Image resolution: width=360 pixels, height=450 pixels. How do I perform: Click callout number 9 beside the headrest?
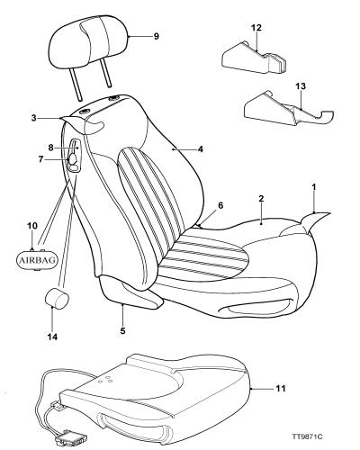click(x=156, y=36)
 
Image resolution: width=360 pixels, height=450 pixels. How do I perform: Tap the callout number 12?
click(x=256, y=28)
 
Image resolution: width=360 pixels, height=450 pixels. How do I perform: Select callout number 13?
click(x=301, y=86)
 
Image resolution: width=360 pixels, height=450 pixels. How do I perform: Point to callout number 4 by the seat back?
click(x=200, y=148)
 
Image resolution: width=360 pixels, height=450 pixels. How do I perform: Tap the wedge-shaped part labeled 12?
click(x=254, y=58)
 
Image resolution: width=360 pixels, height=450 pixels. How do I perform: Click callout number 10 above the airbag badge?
click(x=32, y=226)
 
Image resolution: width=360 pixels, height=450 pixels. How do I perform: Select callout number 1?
click(x=314, y=187)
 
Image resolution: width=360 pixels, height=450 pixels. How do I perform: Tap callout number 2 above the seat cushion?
click(x=261, y=198)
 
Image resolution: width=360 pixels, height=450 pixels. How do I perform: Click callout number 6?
click(x=220, y=205)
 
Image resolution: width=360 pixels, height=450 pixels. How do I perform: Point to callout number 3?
click(x=34, y=118)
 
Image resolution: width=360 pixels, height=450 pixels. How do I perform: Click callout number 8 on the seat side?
click(x=50, y=148)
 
